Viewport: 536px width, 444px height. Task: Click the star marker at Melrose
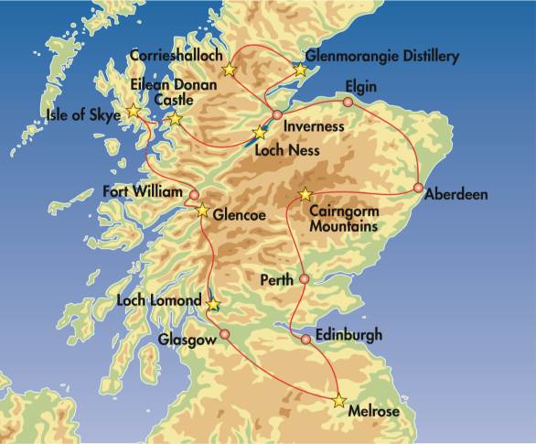[x=340, y=401]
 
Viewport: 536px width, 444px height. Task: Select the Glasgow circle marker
[x=221, y=334]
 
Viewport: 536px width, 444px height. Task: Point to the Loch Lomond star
[x=213, y=305]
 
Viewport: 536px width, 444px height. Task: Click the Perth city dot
[x=305, y=278]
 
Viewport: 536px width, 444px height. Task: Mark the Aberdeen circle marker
[x=418, y=189]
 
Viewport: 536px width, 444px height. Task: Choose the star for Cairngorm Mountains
[x=306, y=194]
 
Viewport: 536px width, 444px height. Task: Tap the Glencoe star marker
[x=203, y=211]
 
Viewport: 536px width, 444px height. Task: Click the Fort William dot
[x=194, y=195]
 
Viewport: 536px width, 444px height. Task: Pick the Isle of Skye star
[x=134, y=111]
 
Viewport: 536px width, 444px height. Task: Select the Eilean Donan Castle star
[x=175, y=119]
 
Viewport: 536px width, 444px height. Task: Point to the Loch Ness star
[x=260, y=134]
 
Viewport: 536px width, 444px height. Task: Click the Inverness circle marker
[x=277, y=114]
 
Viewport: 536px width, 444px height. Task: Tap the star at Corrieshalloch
[x=229, y=70]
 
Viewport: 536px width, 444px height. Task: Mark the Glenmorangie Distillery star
[x=300, y=70]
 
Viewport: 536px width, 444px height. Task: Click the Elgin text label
[x=360, y=87]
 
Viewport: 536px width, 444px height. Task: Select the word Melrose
[x=374, y=413]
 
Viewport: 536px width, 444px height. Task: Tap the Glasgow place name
[x=187, y=339]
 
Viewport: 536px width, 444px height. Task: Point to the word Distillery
[x=426, y=57]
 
